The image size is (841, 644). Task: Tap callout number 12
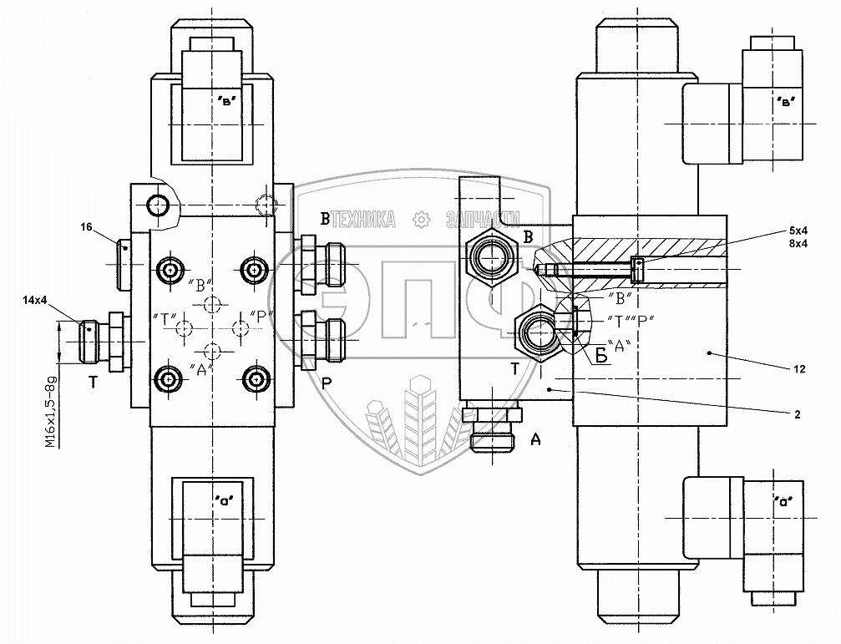[799, 368]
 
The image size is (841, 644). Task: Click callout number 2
[799, 413]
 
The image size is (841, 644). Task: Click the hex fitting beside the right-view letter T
[534, 332]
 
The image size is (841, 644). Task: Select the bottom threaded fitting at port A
[493, 428]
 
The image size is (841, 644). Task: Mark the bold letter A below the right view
[535, 439]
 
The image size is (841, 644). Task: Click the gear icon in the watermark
[422, 219]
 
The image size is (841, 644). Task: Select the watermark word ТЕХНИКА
[364, 219]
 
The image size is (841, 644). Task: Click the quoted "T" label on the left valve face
[164, 317]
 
